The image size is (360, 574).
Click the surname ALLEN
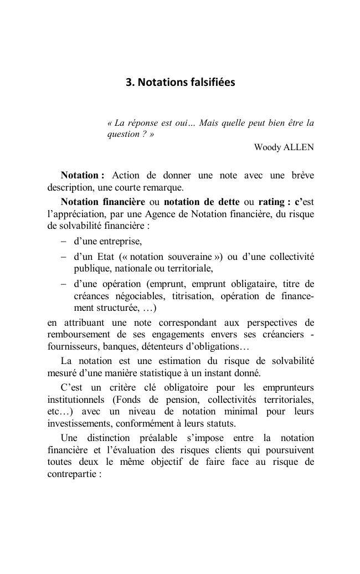coord(300,147)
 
